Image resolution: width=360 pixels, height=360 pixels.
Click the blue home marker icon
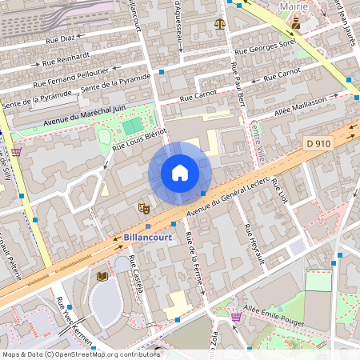pos(179,173)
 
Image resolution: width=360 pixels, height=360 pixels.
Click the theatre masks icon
pos(144,208)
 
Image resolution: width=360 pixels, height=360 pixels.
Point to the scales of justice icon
pos(220,24)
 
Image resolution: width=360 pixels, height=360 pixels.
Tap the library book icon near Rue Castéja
pos(102,276)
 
